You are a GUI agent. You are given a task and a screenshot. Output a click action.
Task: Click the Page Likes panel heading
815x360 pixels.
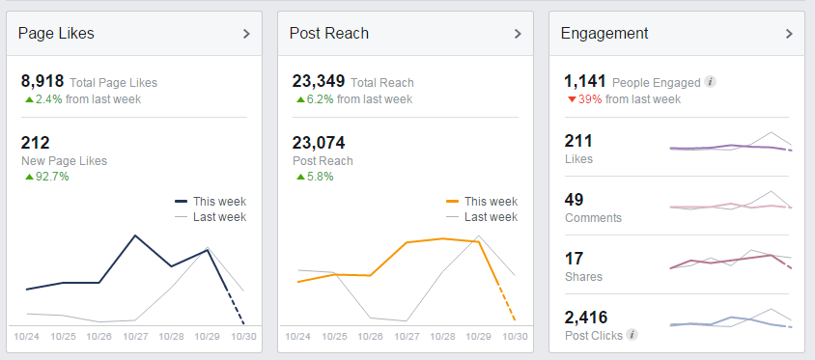[56, 34]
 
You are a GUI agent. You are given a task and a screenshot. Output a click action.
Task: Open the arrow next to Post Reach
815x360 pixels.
[518, 34]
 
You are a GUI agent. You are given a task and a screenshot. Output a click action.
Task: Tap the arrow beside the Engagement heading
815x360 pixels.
[789, 34]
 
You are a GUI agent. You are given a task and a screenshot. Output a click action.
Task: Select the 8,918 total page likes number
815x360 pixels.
[42, 82]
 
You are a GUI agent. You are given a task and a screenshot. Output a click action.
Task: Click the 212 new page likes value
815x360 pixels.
[35, 143]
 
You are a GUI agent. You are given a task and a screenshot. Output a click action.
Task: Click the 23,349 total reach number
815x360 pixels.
[318, 82]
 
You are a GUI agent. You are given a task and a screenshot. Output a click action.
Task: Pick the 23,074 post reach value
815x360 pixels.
[318, 143]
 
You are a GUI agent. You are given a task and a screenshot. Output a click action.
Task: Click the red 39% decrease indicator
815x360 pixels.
[590, 98]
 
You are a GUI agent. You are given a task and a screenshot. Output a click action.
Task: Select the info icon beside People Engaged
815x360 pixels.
[711, 83]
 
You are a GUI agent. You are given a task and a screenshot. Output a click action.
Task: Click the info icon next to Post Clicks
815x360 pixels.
[632, 335]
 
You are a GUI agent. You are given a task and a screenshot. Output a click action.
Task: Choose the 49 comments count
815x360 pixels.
[575, 200]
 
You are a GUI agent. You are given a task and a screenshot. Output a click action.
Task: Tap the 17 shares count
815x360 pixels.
[574, 258]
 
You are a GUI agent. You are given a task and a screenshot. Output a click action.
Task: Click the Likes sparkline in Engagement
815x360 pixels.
[731, 146]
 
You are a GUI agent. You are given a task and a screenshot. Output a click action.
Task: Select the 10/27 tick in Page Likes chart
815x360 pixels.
[135, 336]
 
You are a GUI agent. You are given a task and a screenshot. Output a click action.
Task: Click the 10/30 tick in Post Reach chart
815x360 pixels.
[515, 336]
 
